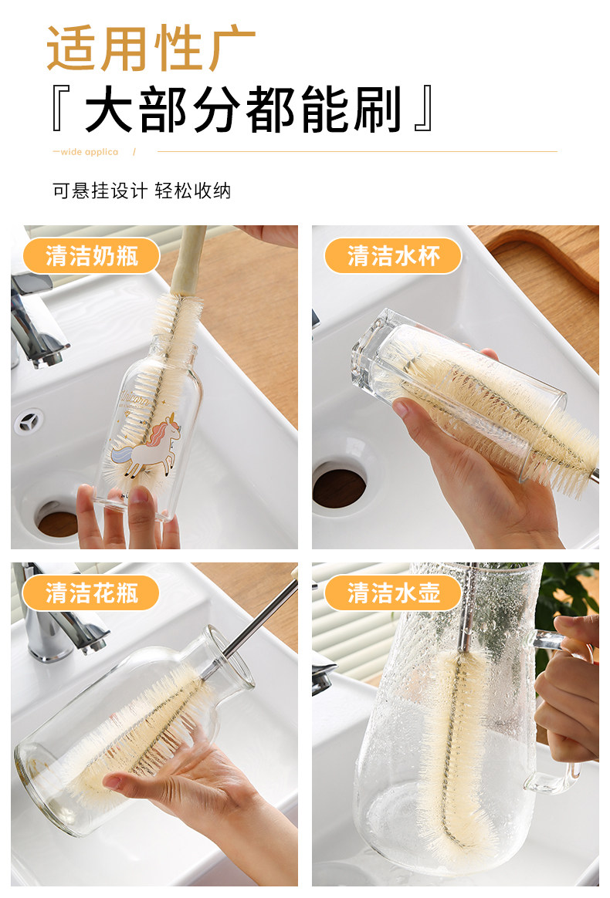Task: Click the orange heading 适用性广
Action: (151, 48)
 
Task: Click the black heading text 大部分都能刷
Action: (243, 110)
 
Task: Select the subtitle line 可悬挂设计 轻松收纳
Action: (141, 191)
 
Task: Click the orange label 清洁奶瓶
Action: (92, 255)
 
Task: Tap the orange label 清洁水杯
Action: (393, 255)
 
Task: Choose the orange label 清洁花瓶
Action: (92, 592)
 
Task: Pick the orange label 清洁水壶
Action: (393, 592)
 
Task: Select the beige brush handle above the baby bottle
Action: (187, 261)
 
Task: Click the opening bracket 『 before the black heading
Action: (61, 109)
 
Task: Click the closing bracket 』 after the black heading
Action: (424, 109)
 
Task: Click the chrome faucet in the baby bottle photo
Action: (36, 321)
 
